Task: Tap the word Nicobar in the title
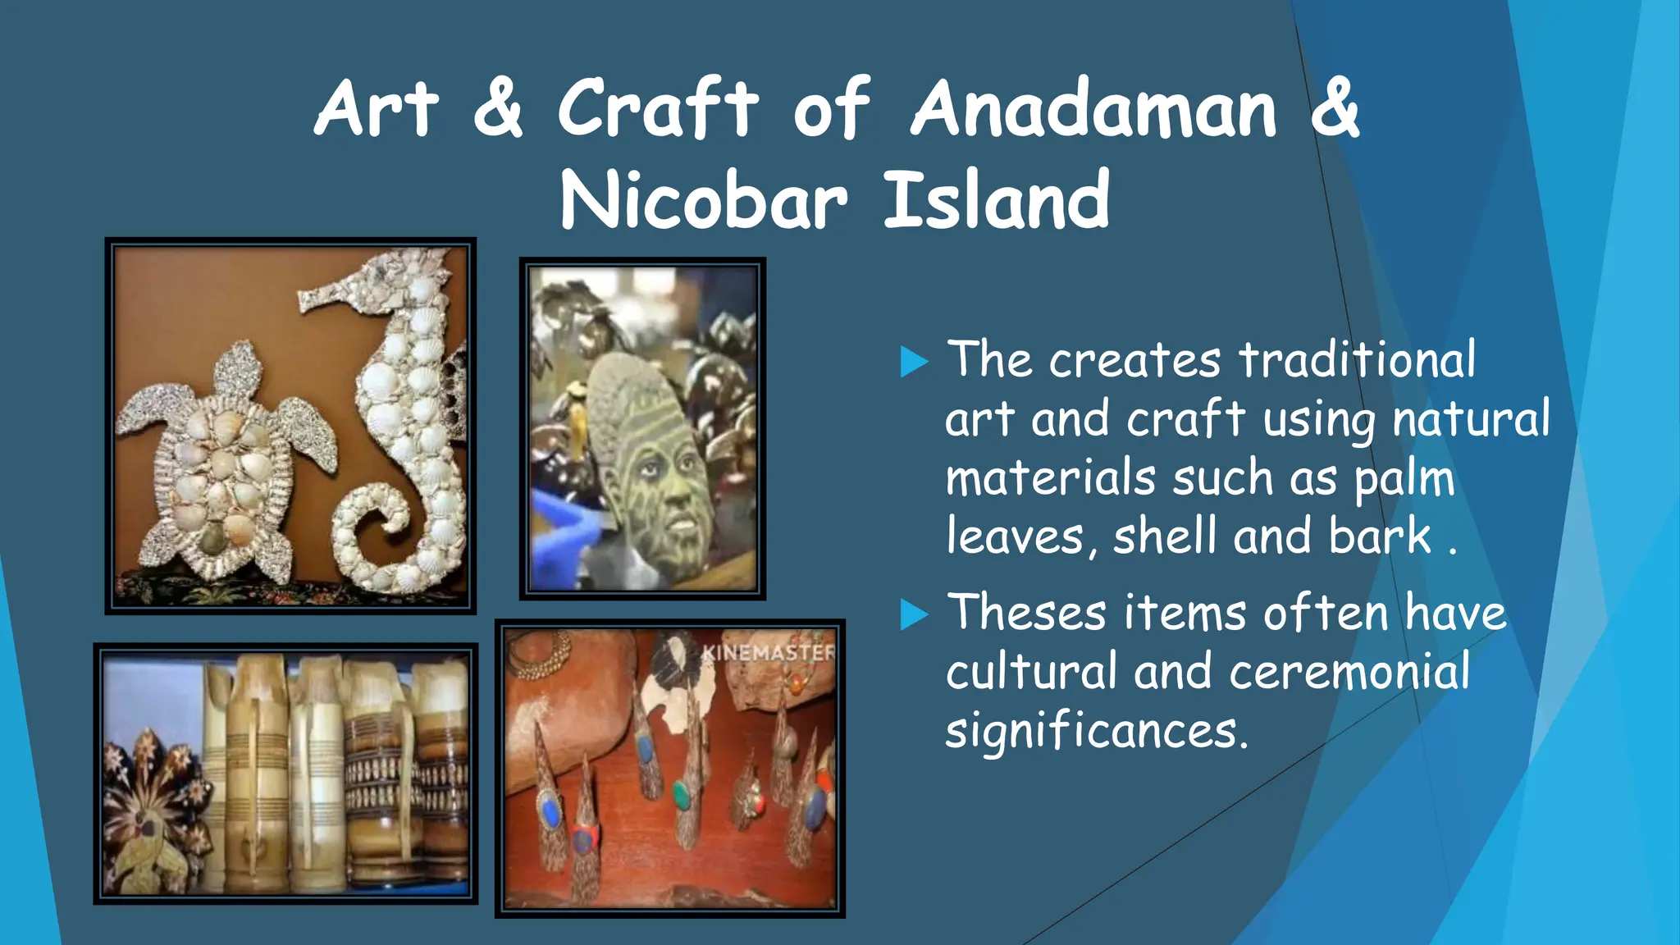703,201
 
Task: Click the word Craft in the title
657,108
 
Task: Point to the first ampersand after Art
498,108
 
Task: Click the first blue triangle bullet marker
913,362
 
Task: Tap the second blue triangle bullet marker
913,614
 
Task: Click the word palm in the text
1404,479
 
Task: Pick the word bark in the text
1380,537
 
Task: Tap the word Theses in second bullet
1026,613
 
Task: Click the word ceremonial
1349,672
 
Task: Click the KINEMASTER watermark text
768,652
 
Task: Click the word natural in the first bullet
1471,419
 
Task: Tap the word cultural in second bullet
1031,672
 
